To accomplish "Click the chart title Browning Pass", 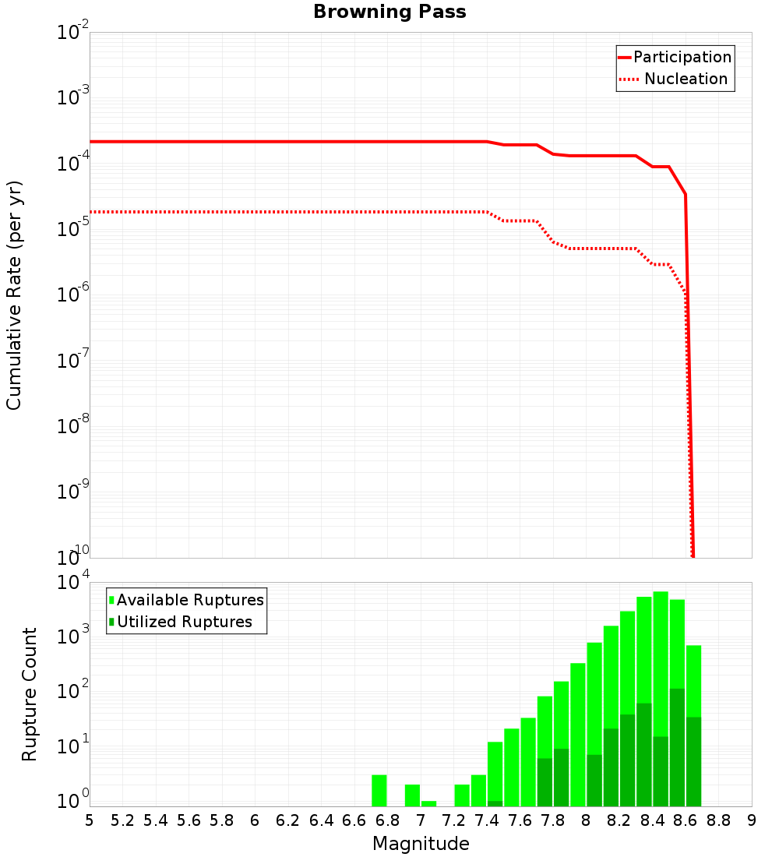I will point(389,12).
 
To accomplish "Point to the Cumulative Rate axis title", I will point(14,295).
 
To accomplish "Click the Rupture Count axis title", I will point(30,694).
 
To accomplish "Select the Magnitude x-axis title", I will point(421,844).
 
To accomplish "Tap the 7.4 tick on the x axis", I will point(487,820).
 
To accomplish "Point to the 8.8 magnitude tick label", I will point(718,820).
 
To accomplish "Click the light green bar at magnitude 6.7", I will point(379,791).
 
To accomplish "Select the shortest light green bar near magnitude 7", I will point(429,803).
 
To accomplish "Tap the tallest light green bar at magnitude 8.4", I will point(661,662).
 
